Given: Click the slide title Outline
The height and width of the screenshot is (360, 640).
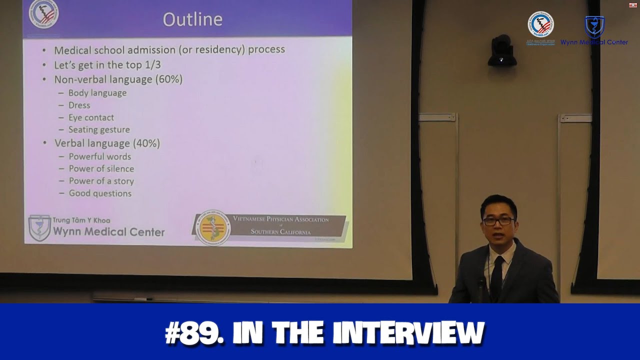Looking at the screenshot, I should click(x=192, y=19).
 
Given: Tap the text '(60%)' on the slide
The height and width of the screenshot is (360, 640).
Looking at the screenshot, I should click(x=168, y=79).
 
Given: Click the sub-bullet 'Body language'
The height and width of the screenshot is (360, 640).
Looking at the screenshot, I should click(x=97, y=93).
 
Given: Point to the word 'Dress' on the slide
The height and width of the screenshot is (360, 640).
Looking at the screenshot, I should click(x=79, y=105).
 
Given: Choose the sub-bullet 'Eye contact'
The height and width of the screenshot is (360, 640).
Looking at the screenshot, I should click(x=91, y=117).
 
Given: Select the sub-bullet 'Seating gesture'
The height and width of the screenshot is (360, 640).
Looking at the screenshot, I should click(x=99, y=130).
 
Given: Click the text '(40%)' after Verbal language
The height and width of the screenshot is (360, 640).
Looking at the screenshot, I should click(x=146, y=143).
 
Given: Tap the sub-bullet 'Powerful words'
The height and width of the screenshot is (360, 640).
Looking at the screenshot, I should click(x=100, y=156).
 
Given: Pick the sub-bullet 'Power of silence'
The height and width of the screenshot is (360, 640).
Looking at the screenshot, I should click(x=101, y=169).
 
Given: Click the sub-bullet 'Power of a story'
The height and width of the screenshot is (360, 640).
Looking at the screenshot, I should click(x=101, y=181).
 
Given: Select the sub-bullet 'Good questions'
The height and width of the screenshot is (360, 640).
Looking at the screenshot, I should click(x=100, y=193).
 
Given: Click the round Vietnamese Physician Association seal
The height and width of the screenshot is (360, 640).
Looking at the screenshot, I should click(x=213, y=228).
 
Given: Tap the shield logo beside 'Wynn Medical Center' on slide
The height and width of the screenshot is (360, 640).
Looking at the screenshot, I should click(x=39, y=228).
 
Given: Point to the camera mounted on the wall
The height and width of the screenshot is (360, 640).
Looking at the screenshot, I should click(x=501, y=51).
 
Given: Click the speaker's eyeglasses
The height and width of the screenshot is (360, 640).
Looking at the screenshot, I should click(x=497, y=220).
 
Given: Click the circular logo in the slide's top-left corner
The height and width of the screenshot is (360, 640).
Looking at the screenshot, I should click(x=43, y=13).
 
